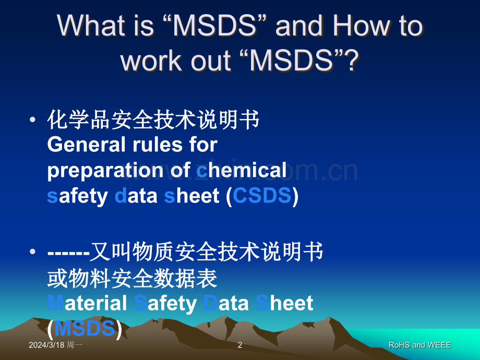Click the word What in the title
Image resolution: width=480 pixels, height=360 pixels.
91,26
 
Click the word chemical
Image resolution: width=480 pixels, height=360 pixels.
242,170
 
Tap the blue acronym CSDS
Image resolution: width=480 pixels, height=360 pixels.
262,196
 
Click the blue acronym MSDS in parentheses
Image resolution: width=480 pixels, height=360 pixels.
85,329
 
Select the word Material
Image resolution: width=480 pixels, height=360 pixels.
87,303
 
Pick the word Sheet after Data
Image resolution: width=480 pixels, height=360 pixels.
284,303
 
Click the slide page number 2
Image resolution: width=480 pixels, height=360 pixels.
240,345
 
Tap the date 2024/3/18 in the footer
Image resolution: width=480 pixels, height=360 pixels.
46,345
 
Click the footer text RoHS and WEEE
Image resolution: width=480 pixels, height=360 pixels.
419,345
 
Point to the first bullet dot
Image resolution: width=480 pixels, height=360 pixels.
33,119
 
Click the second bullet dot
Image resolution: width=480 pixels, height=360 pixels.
33,251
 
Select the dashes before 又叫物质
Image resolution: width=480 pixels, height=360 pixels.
68,254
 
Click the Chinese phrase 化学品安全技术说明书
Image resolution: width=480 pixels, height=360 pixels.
153,119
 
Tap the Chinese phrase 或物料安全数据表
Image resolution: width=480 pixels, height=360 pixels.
132,278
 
